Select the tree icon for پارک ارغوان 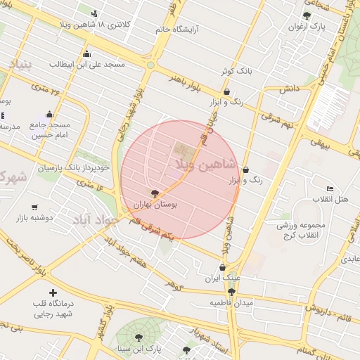pyautogui.click(x=306, y=15)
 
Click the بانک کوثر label pyautogui.click(x=235, y=71)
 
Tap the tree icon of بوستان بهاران pyautogui.click(x=155, y=192)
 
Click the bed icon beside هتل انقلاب pyautogui.click(x=330, y=188)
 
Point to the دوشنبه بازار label pyautogui.click(x=35, y=218)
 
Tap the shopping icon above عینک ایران pyautogui.click(x=222, y=267)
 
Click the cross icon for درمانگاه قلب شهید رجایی pyautogui.click(x=52, y=292)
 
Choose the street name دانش pyautogui.click(x=290, y=90)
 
